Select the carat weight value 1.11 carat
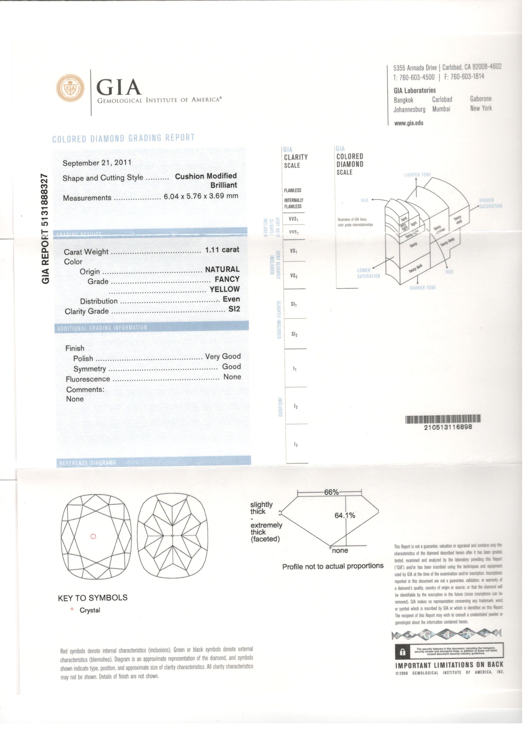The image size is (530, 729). (222, 250)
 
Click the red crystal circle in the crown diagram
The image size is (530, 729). (93, 536)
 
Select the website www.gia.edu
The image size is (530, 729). (408, 123)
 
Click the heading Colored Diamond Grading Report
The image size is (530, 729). (123, 138)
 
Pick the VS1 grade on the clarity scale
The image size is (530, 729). (293, 250)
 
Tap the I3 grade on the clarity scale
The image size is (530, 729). (296, 445)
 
